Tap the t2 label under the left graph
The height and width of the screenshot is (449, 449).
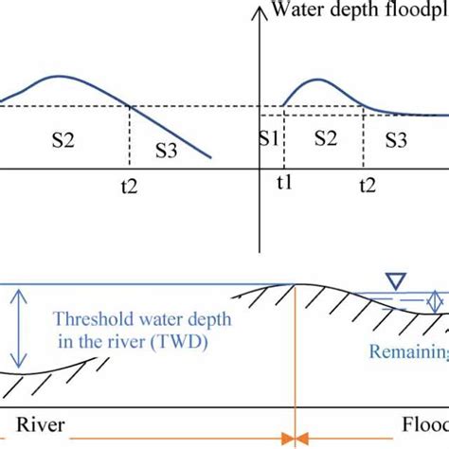point(130,188)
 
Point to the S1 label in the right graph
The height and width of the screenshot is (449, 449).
point(268,139)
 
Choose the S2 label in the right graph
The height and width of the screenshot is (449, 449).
point(325,139)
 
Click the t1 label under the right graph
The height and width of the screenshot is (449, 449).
point(285,187)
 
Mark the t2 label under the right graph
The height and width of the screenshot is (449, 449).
point(364,187)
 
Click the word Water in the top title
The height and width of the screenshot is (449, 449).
point(293,10)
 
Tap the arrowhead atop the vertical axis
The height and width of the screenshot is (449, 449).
point(258,9)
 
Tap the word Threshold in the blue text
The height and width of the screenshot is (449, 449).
point(91,319)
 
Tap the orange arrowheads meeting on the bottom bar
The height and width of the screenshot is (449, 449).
point(296,438)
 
